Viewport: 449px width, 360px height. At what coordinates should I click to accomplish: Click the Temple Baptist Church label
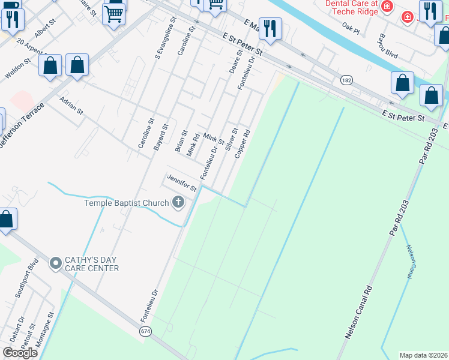(x=127, y=203)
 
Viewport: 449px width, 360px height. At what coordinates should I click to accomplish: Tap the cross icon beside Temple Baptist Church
(x=178, y=202)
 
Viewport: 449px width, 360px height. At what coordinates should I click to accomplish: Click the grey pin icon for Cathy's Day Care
(x=56, y=263)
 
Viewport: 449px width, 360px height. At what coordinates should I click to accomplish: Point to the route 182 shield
(x=346, y=80)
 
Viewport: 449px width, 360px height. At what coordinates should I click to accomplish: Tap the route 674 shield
(x=146, y=331)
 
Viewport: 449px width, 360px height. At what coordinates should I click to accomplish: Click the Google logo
(x=20, y=353)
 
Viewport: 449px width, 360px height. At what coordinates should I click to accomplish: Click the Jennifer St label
(x=182, y=184)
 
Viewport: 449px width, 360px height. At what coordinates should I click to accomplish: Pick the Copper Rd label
(x=242, y=145)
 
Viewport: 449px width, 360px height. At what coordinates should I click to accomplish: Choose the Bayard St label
(x=160, y=137)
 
